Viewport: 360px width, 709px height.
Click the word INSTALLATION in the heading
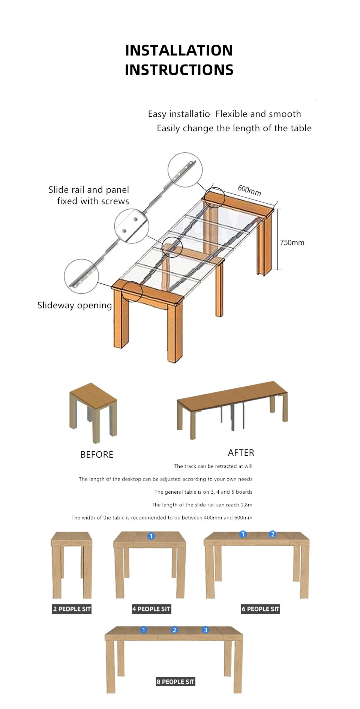click(x=179, y=51)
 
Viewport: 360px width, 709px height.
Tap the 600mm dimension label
click(x=249, y=190)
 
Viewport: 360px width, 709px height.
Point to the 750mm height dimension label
click(x=292, y=243)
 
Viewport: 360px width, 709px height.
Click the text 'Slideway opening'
click(x=75, y=305)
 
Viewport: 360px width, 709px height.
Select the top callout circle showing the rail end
click(x=185, y=170)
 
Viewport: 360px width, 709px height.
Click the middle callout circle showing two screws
click(x=132, y=226)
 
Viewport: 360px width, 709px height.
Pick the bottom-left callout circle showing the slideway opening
click(x=81, y=276)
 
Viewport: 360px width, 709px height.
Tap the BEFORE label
click(x=97, y=455)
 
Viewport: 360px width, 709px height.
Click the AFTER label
click(x=241, y=453)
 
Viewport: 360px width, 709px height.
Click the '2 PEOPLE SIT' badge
click(x=72, y=609)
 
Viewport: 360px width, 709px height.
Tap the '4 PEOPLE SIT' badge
click(x=151, y=609)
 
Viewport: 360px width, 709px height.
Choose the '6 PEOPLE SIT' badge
click(x=260, y=609)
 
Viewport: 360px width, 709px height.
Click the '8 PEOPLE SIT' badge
click(x=175, y=682)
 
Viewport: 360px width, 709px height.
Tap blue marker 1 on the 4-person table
click(x=151, y=536)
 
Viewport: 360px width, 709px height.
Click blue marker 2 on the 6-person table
click(x=273, y=534)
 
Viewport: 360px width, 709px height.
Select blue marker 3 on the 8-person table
click(x=205, y=630)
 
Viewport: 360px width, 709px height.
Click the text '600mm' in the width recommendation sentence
click(x=243, y=518)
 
